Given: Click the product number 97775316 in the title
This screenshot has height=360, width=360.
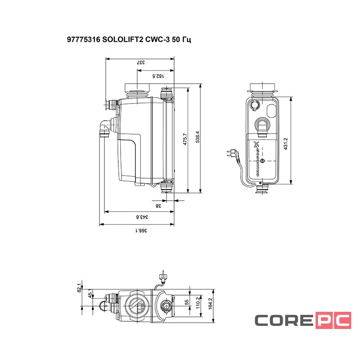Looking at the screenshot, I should tap(83, 40).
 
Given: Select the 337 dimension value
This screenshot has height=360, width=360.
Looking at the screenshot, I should tap(141, 63).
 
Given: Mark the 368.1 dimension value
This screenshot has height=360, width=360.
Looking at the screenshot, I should tap(141, 230).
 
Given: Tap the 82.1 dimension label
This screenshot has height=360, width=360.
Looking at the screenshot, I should tap(80, 288).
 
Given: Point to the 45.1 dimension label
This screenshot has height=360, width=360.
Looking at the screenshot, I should tap(90, 295).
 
